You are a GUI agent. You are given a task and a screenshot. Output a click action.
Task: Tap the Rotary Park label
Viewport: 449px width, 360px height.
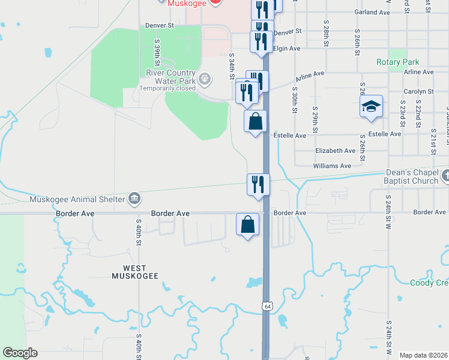click(397, 62)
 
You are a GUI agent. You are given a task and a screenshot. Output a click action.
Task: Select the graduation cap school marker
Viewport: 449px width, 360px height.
click(371, 107)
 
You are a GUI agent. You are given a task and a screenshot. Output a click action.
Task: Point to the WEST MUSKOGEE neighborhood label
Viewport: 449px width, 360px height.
click(136, 272)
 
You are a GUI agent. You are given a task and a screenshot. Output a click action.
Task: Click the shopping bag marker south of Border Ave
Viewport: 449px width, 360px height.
click(248, 225)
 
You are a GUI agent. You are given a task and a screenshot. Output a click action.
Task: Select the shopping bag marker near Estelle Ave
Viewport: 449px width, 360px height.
click(255, 121)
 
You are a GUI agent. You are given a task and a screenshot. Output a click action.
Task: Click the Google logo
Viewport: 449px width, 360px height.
click(20, 353)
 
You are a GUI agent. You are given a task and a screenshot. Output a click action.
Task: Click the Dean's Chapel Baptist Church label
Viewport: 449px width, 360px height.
click(412, 176)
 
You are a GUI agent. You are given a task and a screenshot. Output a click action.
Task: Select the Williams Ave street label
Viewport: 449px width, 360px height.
click(332, 166)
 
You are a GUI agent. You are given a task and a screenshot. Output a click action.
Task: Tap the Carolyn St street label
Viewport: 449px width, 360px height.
click(419, 91)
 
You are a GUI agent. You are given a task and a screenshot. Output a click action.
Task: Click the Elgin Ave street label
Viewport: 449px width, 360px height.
click(286, 48)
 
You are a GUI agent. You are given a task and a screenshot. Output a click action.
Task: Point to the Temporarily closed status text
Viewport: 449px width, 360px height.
click(167, 88)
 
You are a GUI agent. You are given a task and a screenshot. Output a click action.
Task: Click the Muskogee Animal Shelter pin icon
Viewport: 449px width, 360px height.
click(134, 199)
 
